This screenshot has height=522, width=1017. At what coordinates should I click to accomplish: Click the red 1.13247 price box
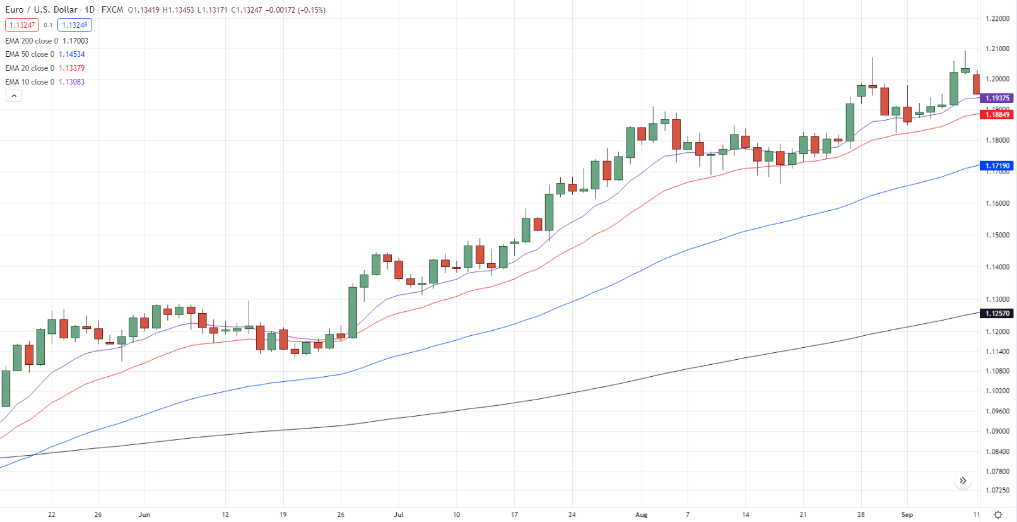(x=22, y=25)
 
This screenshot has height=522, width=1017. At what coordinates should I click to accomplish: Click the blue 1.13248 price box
(x=74, y=25)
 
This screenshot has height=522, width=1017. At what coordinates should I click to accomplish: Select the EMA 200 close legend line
(x=47, y=41)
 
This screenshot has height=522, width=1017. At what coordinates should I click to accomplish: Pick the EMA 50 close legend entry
(x=45, y=54)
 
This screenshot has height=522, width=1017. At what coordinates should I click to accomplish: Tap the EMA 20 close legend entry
(x=45, y=68)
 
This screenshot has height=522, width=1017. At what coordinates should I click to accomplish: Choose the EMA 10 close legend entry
(x=45, y=82)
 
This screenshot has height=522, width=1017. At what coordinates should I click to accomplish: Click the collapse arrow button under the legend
(x=14, y=96)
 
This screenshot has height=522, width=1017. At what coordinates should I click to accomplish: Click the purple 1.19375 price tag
(x=997, y=98)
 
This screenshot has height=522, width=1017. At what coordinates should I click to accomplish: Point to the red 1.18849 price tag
(x=997, y=114)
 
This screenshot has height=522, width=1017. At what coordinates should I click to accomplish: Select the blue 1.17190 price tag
(x=997, y=165)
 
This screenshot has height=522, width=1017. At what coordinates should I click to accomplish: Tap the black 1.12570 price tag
(x=997, y=313)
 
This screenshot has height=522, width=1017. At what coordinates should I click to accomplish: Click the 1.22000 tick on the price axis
(x=997, y=19)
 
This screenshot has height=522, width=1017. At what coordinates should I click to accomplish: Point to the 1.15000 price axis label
(x=997, y=235)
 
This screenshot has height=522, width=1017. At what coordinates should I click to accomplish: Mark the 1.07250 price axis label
(x=997, y=490)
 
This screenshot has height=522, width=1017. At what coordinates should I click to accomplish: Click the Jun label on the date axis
(x=144, y=514)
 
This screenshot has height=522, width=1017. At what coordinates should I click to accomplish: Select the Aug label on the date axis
(x=642, y=514)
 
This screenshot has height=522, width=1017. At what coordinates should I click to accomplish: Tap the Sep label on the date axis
(x=907, y=514)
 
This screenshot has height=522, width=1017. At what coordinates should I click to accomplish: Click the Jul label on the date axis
(x=399, y=514)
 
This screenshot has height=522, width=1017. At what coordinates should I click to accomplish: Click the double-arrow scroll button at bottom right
(x=963, y=481)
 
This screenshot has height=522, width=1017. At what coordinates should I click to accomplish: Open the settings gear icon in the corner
(x=998, y=514)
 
